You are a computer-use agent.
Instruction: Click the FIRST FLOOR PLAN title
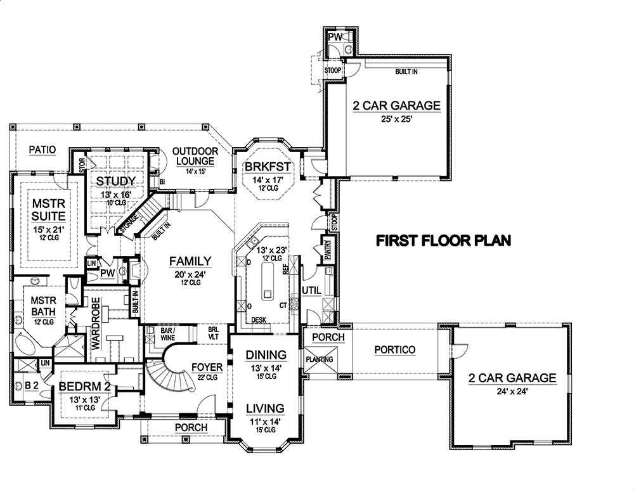click(x=443, y=241)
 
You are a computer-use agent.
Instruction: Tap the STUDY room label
click(x=115, y=181)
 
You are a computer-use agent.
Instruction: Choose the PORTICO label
click(x=394, y=349)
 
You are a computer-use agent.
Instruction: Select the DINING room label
click(x=266, y=354)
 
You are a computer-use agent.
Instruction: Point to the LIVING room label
click(x=266, y=408)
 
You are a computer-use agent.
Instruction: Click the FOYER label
click(x=207, y=367)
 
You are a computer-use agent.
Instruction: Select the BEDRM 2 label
click(x=85, y=386)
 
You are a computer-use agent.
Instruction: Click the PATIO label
click(x=42, y=150)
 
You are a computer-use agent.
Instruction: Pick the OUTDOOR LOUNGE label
click(x=196, y=157)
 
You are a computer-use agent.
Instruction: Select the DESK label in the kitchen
click(x=259, y=320)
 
